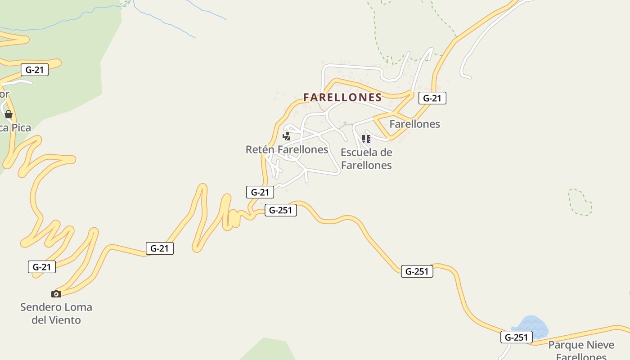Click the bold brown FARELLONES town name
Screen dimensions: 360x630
pyautogui.click(x=342, y=97)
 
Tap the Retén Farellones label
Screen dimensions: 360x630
pyautogui.click(x=287, y=149)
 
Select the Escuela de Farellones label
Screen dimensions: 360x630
pyautogui.click(x=366, y=159)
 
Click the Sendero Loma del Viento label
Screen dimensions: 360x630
pyautogui.click(x=56, y=314)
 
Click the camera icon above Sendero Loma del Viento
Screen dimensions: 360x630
pyautogui.click(x=56, y=294)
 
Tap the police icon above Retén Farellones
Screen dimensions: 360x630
pyautogui.click(x=286, y=136)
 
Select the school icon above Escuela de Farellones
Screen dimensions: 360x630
pyautogui.click(x=366, y=139)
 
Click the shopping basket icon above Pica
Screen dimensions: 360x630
pyautogui.click(x=9, y=114)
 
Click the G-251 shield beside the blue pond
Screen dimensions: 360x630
pyautogui.click(x=517, y=337)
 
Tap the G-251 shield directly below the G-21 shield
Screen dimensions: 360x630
pyautogui.click(x=281, y=210)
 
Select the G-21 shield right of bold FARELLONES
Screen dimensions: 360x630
pyautogui.click(x=432, y=98)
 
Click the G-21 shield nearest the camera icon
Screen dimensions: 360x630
pyautogui.click(x=42, y=267)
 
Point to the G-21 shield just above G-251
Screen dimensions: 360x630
pyautogui.click(x=260, y=192)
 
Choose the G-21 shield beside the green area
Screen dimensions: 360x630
pyautogui.click(x=35, y=70)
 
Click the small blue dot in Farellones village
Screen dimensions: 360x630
pyautogui.click(x=345, y=123)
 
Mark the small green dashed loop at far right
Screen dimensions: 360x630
pyautogui.click(x=580, y=202)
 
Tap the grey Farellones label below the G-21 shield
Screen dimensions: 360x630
pyautogui.click(x=414, y=124)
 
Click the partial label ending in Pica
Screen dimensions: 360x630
pyautogui.click(x=15, y=128)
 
